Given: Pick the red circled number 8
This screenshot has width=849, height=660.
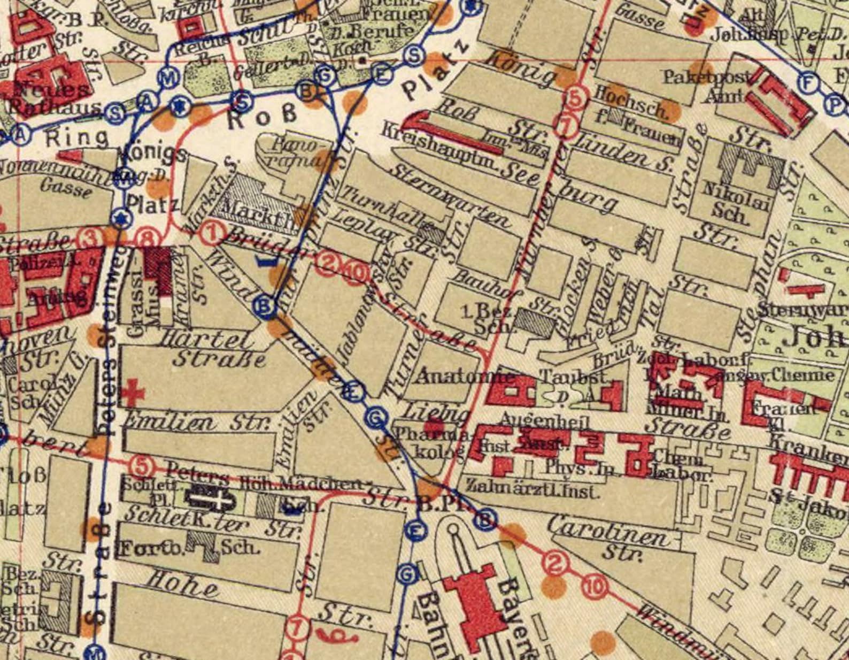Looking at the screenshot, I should click(x=149, y=239).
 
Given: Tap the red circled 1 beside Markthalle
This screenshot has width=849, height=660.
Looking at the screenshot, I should click(x=213, y=232).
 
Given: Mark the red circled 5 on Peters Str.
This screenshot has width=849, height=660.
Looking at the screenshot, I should click(x=141, y=464).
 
